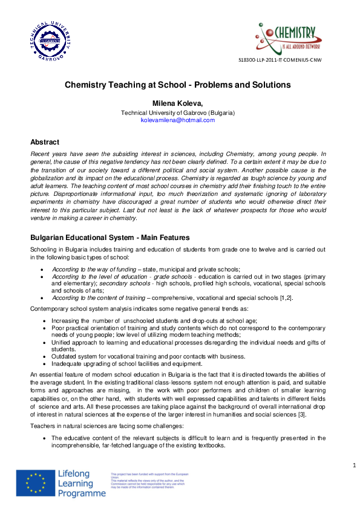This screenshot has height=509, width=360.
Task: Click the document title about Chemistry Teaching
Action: (x=178, y=85)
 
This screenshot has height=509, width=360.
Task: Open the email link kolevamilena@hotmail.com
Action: (x=178, y=120)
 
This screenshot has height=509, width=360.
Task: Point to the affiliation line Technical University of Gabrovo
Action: (x=178, y=112)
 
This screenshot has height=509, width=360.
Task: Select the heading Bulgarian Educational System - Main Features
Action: (x=110, y=238)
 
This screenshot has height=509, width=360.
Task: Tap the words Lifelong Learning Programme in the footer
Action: (x=81, y=484)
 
